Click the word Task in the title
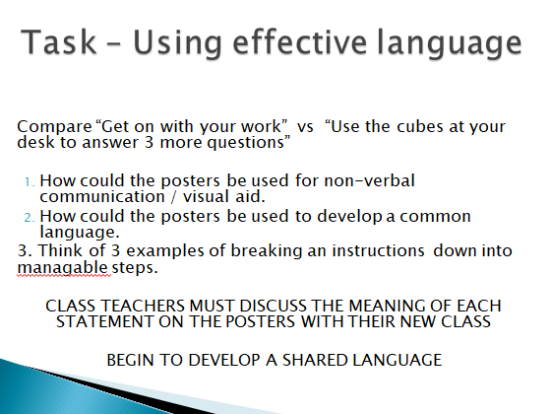tap(58, 42)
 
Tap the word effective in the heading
tap(300, 42)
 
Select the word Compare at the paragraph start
tap(54, 127)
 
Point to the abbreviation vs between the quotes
tap(305, 127)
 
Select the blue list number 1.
tap(30, 182)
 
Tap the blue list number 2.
tap(30, 218)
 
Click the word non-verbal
tap(369, 180)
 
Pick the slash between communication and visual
tap(173, 197)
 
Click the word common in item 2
tap(435, 217)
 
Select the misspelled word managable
tap(62, 268)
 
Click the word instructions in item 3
tap(378, 251)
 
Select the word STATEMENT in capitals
tap(104, 321)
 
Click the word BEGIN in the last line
tap(130, 360)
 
